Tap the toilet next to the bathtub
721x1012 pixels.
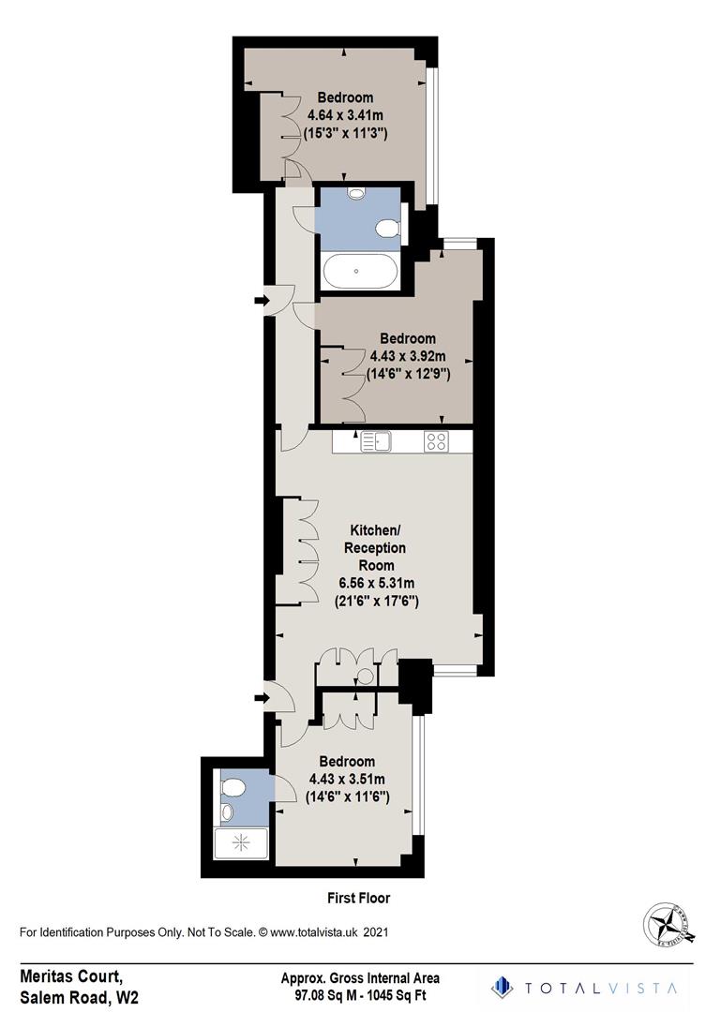(386, 228)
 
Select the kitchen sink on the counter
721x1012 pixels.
(375, 439)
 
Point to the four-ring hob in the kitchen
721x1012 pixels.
(436, 439)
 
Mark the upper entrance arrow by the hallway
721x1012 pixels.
(262, 301)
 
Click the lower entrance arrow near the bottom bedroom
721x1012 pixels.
(262, 697)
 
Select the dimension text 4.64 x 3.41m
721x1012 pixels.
(345, 115)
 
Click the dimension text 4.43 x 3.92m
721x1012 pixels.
(407, 356)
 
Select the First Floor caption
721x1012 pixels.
(358, 898)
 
